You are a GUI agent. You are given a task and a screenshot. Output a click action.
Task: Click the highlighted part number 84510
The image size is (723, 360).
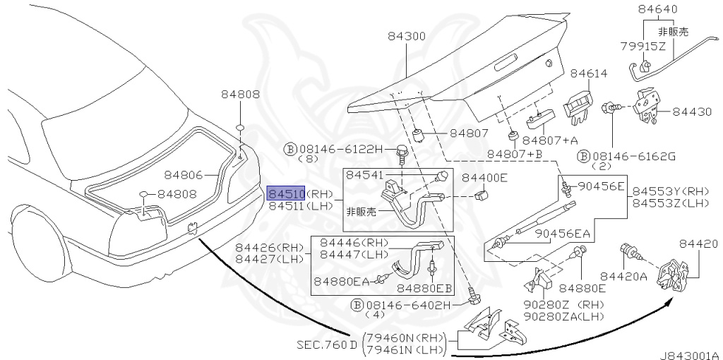click(287, 193)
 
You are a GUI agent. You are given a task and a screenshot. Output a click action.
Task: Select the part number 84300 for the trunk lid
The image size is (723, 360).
click(406, 37)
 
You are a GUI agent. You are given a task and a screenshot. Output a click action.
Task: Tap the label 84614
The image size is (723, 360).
click(589, 73)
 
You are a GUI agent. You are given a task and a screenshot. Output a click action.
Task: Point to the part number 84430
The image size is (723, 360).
click(692, 112)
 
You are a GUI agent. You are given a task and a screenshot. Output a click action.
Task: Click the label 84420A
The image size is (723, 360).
click(623, 276)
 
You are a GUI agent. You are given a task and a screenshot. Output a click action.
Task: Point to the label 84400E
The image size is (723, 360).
click(484, 177)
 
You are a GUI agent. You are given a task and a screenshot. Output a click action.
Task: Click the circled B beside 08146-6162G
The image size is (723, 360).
click(583, 157)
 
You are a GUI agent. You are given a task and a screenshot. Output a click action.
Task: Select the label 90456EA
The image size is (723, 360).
click(563, 234)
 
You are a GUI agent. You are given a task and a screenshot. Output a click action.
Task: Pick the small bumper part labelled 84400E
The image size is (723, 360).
click(482, 196)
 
